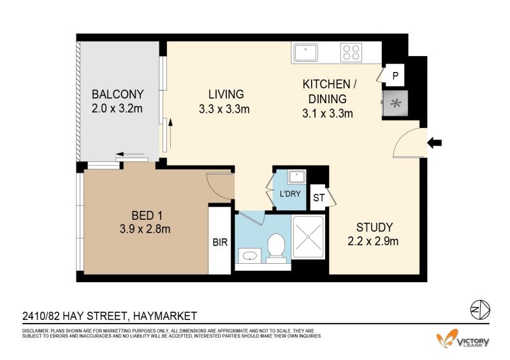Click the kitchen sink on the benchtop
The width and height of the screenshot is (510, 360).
305,53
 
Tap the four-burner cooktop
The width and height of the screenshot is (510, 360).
351,52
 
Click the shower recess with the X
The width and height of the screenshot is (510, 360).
308,237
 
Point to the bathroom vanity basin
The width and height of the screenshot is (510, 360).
249,256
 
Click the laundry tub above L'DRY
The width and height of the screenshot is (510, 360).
296,177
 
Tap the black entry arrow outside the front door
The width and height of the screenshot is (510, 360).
434,143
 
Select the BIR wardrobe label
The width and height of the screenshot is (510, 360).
220,242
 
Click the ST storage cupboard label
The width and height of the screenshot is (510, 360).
319,198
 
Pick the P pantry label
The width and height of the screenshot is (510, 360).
395,76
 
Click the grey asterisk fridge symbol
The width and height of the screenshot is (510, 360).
395,104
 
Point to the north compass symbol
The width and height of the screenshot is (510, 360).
480,309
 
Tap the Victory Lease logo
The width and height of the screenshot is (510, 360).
463,340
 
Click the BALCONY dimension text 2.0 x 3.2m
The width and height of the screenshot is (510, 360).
117,108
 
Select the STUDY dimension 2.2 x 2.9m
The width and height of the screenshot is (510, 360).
373,241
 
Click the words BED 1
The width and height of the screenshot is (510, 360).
147,215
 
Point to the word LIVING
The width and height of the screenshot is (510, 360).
226,94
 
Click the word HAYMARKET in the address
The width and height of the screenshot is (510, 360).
165,316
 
